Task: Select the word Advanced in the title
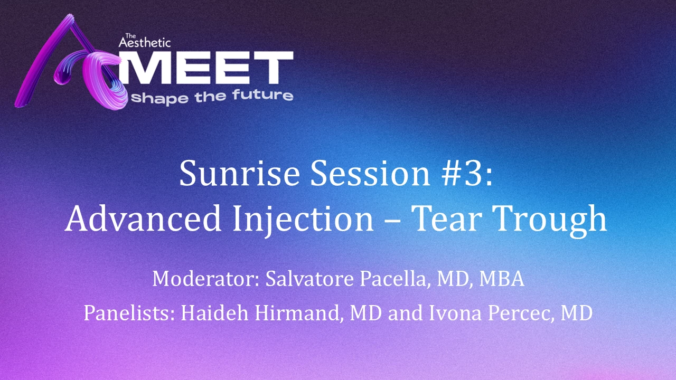[x=143, y=218]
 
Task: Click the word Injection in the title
[x=303, y=220]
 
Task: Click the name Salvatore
[x=309, y=279]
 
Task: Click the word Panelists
[x=130, y=313]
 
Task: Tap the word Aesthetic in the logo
[x=145, y=43]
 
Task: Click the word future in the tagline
[x=262, y=96]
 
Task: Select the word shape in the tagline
[x=160, y=99]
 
